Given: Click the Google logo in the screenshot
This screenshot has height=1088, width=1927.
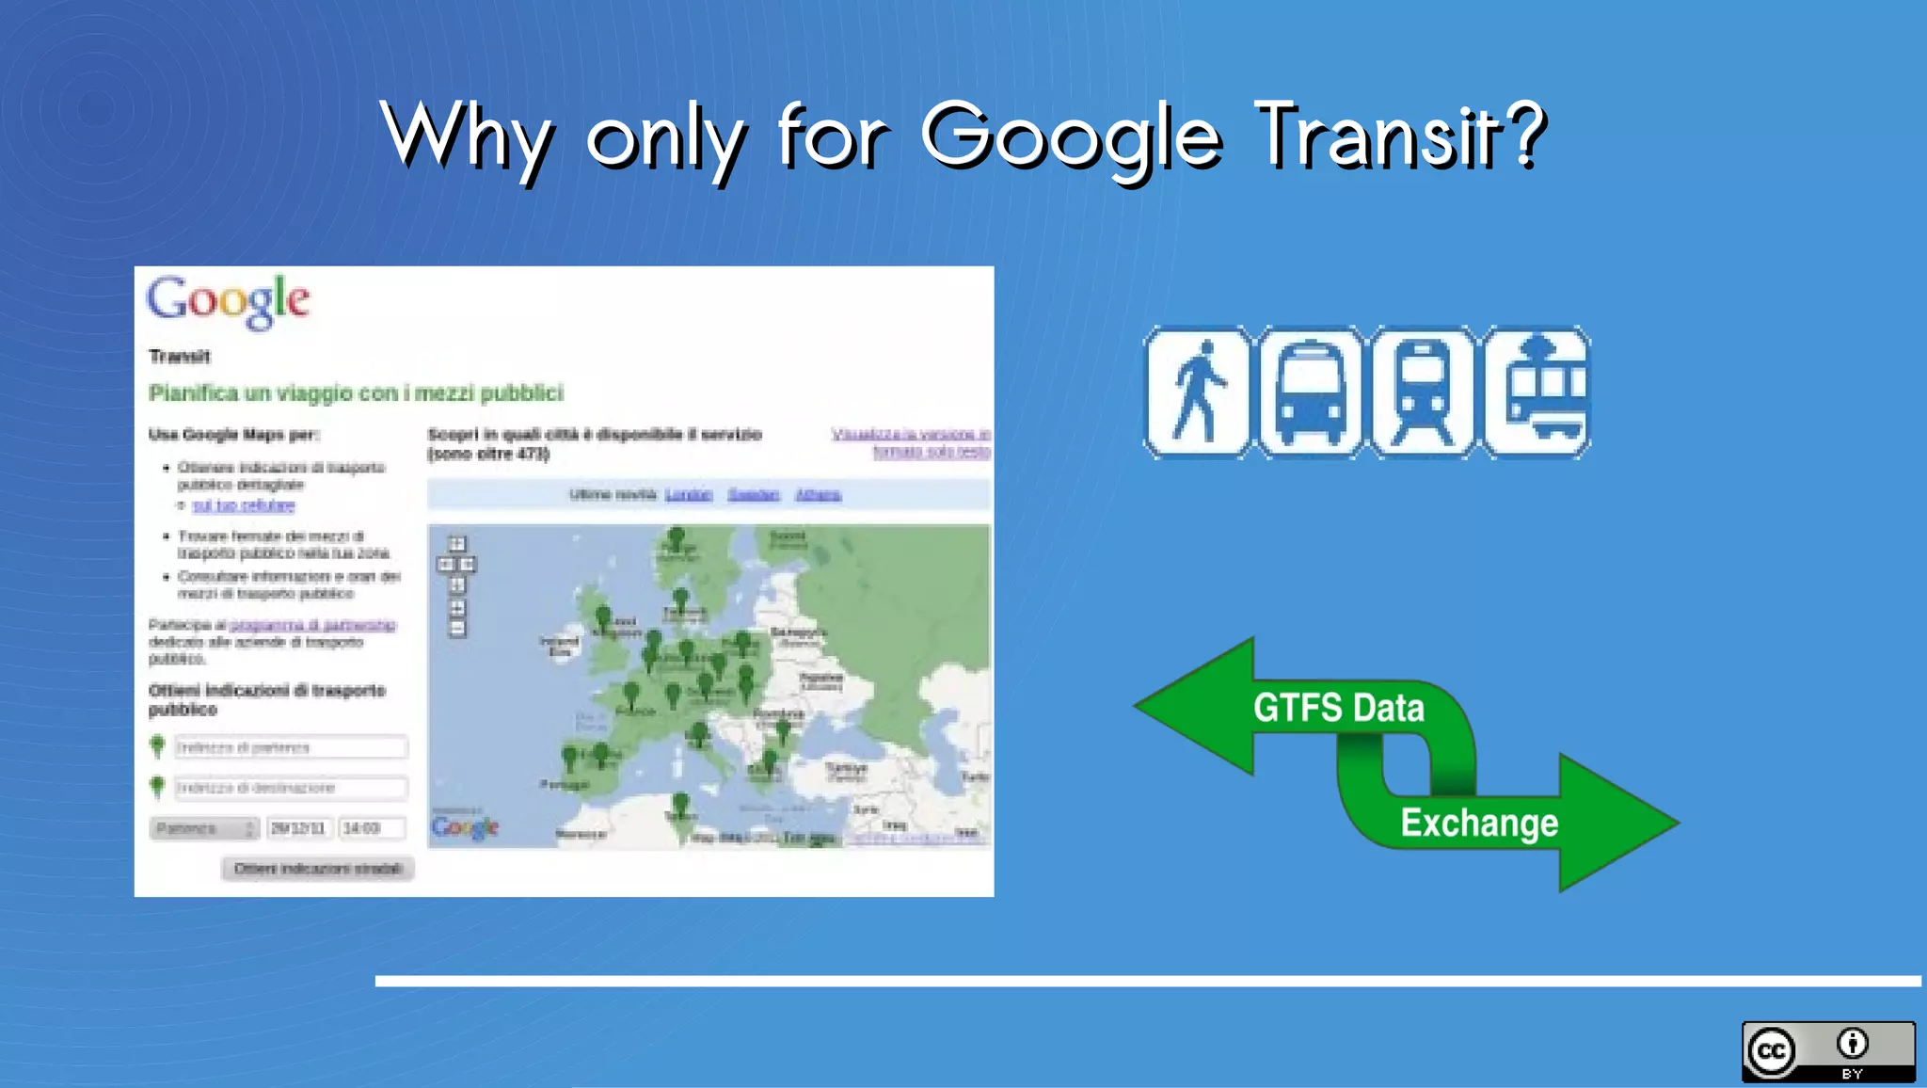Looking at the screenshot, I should (228, 301).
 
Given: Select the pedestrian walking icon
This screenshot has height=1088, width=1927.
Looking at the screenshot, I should (1197, 392).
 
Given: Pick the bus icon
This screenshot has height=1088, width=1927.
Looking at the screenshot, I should (1310, 392).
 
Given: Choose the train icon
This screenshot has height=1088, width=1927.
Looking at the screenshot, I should (1423, 392).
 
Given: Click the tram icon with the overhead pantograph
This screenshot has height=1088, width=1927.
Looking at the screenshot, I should (1537, 392).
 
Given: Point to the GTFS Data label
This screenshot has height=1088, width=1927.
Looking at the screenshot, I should (1338, 708).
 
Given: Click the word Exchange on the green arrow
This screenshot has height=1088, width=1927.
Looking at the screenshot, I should (1479, 823).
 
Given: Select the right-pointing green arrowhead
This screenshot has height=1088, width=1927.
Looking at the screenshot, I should (1614, 823).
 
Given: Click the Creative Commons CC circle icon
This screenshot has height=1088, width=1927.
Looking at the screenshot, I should (1771, 1051).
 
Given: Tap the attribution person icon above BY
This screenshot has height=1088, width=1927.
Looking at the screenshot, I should (1852, 1043).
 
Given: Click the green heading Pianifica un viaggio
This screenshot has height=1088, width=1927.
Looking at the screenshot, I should (356, 393).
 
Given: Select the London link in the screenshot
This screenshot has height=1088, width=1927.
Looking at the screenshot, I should (688, 495).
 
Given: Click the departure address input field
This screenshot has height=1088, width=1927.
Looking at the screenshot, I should (291, 747).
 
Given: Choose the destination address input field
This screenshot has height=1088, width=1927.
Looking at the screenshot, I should (291, 787).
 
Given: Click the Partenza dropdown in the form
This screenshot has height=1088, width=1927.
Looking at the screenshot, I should (204, 828).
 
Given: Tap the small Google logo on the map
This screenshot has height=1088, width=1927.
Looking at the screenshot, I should (465, 827).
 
